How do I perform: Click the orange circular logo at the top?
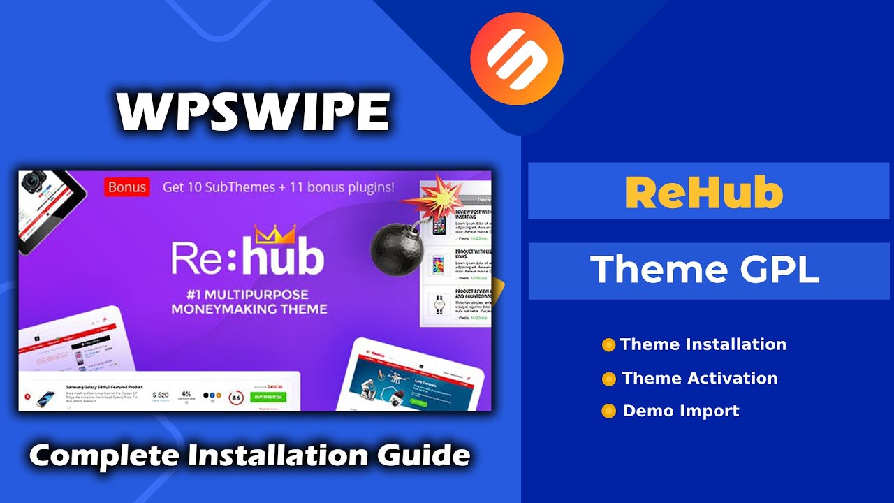pos(516,59)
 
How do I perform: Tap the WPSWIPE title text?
pos(253,111)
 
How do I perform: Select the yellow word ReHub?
pos(703,192)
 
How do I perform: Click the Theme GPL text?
pos(704,270)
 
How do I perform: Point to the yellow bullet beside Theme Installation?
pos(608,345)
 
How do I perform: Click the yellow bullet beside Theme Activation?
pos(609,379)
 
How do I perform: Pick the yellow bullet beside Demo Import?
pos(608,411)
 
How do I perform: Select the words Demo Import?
pos(681,411)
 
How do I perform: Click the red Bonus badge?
pos(127,187)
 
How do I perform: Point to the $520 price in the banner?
pos(160,395)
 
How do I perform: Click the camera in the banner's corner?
pos(31,183)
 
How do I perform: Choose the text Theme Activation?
pos(699,379)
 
